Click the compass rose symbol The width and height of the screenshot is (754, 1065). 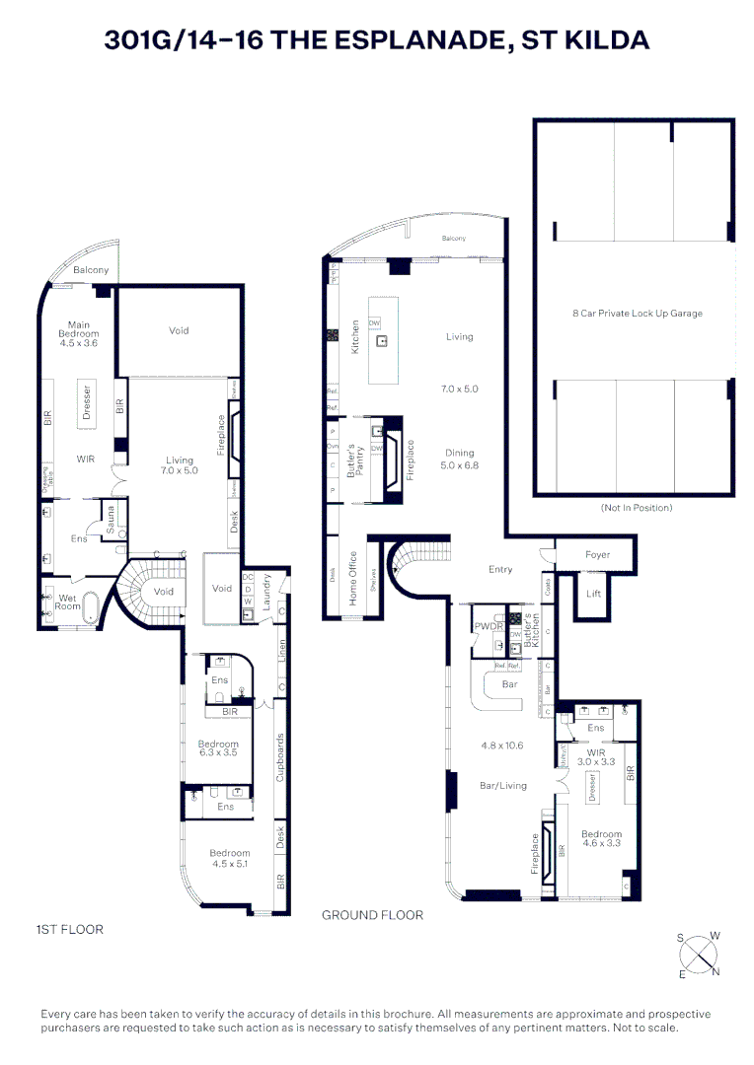click(x=700, y=954)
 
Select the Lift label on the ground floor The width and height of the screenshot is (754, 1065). click(x=593, y=594)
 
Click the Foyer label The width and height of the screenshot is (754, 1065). click(x=597, y=555)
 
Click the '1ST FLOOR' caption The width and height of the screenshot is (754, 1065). click(x=69, y=929)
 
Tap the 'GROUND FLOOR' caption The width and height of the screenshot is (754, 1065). click(x=372, y=915)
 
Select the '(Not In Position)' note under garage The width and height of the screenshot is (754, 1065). click(x=636, y=508)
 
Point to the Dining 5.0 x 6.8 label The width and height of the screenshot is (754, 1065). click(x=460, y=460)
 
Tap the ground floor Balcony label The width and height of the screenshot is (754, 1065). click(x=453, y=239)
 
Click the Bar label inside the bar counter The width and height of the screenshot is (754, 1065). click(x=509, y=683)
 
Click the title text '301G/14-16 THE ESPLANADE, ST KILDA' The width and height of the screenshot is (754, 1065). click(x=377, y=40)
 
